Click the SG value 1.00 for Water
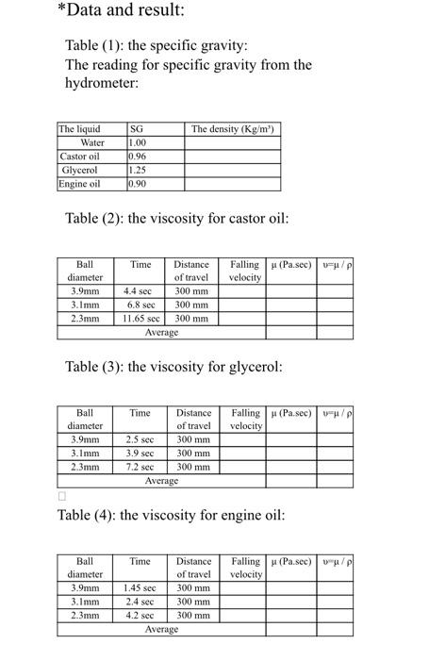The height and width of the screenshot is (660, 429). (137, 142)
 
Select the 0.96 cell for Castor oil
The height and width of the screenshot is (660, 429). (138, 156)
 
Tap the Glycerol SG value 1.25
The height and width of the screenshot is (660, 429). (138, 170)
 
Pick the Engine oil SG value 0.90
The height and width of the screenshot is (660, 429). (138, 183)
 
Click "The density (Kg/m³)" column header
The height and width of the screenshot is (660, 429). (231, 129)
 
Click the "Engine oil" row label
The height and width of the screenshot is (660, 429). (80, 183)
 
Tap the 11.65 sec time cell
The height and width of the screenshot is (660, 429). (140, 319)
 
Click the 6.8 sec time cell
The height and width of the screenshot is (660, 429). (140, 305)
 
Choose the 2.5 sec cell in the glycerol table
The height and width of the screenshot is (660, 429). (140, 440)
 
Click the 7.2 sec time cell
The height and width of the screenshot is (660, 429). (140, 467)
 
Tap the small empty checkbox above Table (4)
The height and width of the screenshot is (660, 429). (62, 495)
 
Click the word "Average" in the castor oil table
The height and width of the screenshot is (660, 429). (161, 332)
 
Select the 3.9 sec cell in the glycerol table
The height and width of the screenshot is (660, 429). (140, 454)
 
